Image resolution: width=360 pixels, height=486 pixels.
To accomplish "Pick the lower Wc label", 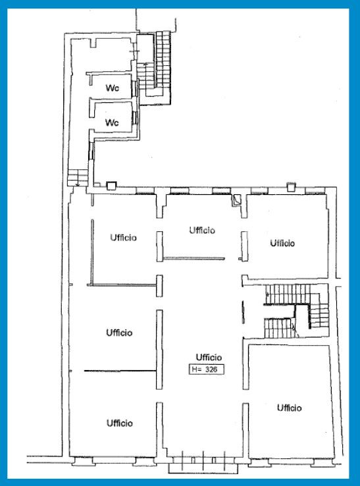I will (x=112, y=122).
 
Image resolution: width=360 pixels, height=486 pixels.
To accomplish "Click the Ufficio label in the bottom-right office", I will (x=290, y=408).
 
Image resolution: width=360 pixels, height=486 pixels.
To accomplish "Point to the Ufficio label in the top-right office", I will (x=282, y=243).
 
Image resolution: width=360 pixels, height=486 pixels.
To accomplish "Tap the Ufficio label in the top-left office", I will (x=123, y=238).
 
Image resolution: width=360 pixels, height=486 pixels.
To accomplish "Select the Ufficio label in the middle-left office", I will (x=119, y=333).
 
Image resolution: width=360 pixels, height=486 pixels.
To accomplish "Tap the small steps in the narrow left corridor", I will (x=78, y=177).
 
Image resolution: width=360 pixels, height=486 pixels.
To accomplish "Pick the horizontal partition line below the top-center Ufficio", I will (x=194, y=258).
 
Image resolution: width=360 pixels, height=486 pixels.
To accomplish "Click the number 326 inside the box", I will (x=212, y=369).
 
